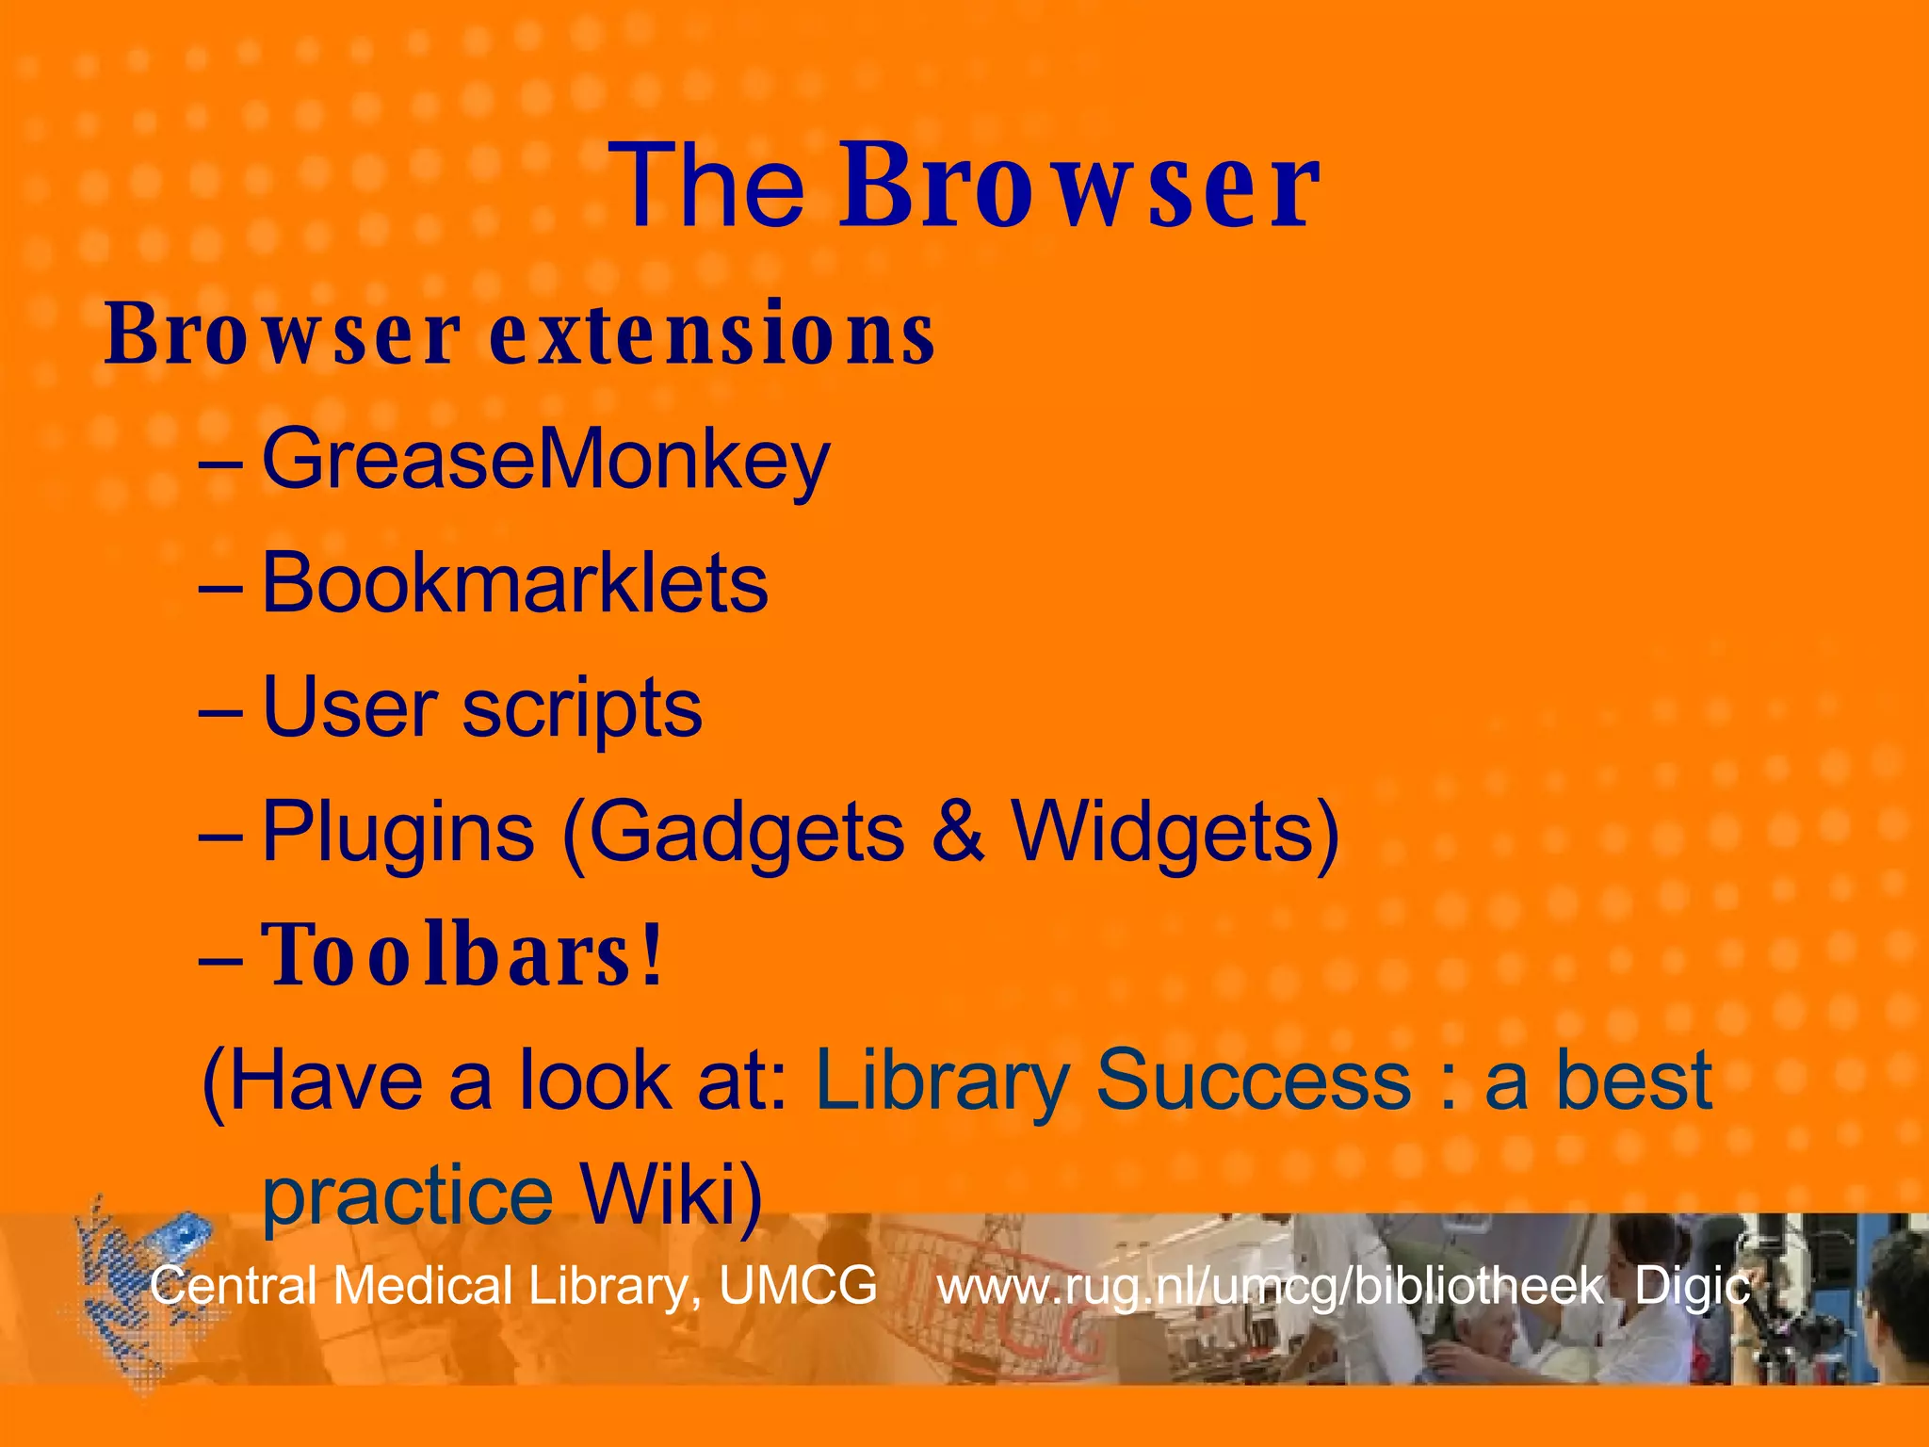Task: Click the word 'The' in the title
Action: point(707,186)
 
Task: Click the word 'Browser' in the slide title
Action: point(1079,186)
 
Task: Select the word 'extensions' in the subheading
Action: point(712,334)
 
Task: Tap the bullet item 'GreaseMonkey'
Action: point(545,461)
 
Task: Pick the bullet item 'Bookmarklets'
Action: point(514,584)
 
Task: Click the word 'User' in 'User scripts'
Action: point(349,708)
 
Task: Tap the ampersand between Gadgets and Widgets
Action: point(958,832)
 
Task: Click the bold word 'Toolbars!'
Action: point(462,956)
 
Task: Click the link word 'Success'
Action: point(1254,1081)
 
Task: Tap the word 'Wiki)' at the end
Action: point(670,1196)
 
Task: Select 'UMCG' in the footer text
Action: point(798,1286)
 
